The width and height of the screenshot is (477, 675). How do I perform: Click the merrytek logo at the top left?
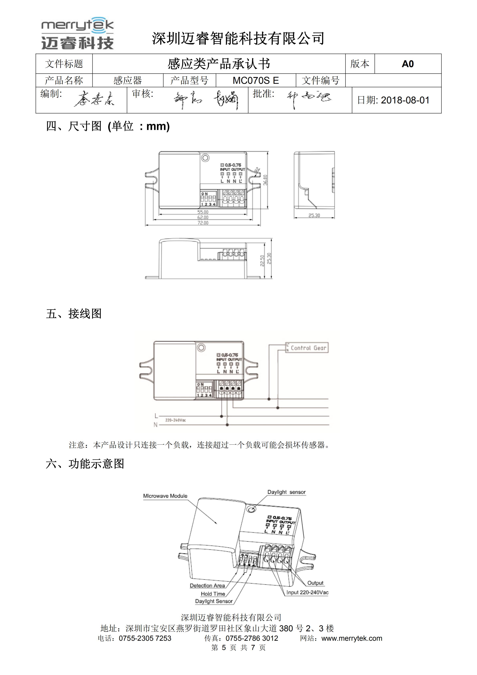pos(77,33)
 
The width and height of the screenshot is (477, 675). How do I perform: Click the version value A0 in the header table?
pos(408,64)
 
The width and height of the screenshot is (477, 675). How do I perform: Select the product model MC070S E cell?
pos(256,80)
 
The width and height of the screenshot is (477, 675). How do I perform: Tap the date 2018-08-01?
pos(405,100)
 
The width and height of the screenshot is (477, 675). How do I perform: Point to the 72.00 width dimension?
pos(203,223)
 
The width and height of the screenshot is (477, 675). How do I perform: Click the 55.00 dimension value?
pos(203,212)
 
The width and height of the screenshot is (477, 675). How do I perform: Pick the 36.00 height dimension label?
pos(265,180)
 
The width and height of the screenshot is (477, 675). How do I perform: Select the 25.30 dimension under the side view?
pos(314,215)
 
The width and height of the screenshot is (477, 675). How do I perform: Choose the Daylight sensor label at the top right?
pos(286,492)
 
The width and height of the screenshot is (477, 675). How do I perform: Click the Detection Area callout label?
pos(207,585)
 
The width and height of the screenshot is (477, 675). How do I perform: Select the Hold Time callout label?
pos(213,594)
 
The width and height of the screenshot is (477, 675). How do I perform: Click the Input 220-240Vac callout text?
pos(307,592)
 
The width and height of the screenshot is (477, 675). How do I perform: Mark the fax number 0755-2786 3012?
pos(252,638)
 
